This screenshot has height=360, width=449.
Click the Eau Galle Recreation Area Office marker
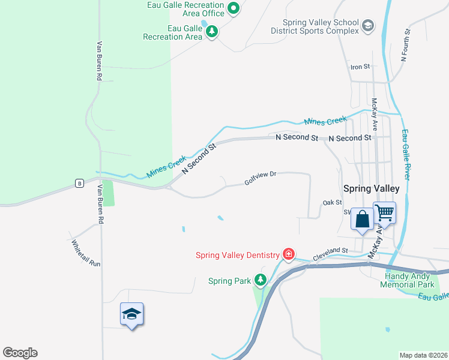pyautogui.click(x=234, y=8)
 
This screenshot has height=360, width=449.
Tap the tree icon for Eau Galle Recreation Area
pyautogui.click(x=211, y=32)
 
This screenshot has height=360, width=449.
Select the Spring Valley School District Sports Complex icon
pyautogui.click(x=367, y=26)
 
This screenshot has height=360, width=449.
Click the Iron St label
pyautogui.click(x=360, y=67)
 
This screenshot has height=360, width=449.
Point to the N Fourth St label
pyautogui.click(x=405, y=47)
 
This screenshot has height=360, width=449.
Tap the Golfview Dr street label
pyautogui.click(x=260, y=178)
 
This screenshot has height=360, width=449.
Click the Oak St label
pyautogui.click(x=332, y=203)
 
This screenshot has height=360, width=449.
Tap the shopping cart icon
pyautogui.click(x=385, y=212)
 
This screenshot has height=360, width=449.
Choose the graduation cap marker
pyautogui.click(x=131, y=314)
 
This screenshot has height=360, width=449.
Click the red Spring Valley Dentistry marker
pyautogui.click(x=289, y=254)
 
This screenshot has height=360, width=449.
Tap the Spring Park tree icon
pyautogui.click(x=260, y=280)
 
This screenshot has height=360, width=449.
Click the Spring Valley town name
pyautogui.click(x=370, y=188)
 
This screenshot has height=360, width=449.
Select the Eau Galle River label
pyautogui.click(x=408, y=155)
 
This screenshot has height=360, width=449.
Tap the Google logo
pyautogui.click(x=20, y=353)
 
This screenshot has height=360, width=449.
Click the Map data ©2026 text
pyautogui.click(x=422, y=355)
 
